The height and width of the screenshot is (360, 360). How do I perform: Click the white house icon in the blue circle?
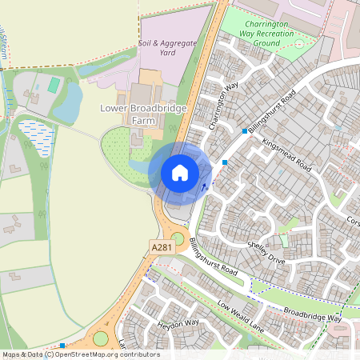pyautogui.click(x=180, y=173)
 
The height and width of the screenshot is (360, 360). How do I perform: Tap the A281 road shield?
pyautogui.click(x=162, y=250)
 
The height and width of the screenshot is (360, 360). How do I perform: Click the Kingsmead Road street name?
pyautogui.click(x=286, y=154)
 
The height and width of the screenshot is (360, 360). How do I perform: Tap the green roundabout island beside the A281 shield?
pyautogui.click(x=178, y=238)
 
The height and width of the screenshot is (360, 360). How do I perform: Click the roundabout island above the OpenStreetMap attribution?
pyautogui.click(x=101, y=338)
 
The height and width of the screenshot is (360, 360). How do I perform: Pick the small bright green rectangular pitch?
pyautogui.click(x=54, y=84)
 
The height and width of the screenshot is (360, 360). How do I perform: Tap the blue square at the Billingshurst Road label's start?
pyautogui.click(x=244, y=131)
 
